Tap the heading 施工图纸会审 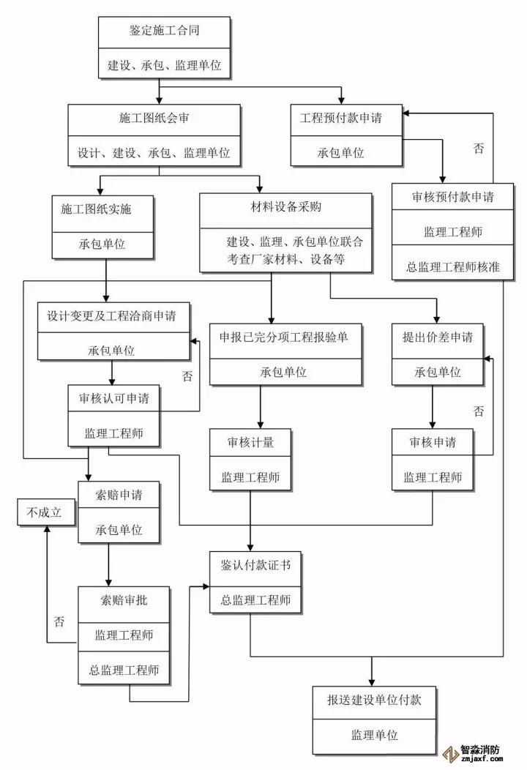154,118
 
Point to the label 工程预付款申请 341,118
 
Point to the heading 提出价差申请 438,337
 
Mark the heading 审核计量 250,443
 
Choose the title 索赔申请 119,495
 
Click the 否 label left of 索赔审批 59,621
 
